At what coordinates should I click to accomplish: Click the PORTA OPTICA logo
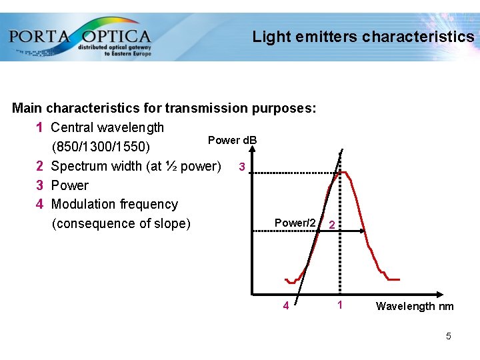point(80,37)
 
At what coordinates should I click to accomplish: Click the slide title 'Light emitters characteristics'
point(363,37)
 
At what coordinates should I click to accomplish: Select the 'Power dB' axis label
point(232,140)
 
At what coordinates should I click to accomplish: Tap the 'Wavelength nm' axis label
point(415,307)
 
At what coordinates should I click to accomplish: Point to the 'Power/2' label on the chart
point(295,223)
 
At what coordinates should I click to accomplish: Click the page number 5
point(449,336)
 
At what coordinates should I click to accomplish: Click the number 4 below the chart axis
point(285,307)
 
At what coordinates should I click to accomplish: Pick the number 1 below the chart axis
point(340,306)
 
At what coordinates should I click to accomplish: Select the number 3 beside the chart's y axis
point(242,166)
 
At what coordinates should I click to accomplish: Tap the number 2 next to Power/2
point(331,225)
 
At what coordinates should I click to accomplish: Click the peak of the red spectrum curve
point(342,173)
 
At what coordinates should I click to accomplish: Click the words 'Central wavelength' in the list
point(107,127)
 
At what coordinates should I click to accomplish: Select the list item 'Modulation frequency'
point(114,204)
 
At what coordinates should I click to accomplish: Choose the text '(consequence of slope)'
point(121,223)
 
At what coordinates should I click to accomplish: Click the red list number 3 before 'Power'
point(40,185)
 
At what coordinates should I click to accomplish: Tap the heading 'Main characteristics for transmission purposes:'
point(164,108)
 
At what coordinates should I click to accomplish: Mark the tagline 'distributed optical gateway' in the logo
point(115,47)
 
